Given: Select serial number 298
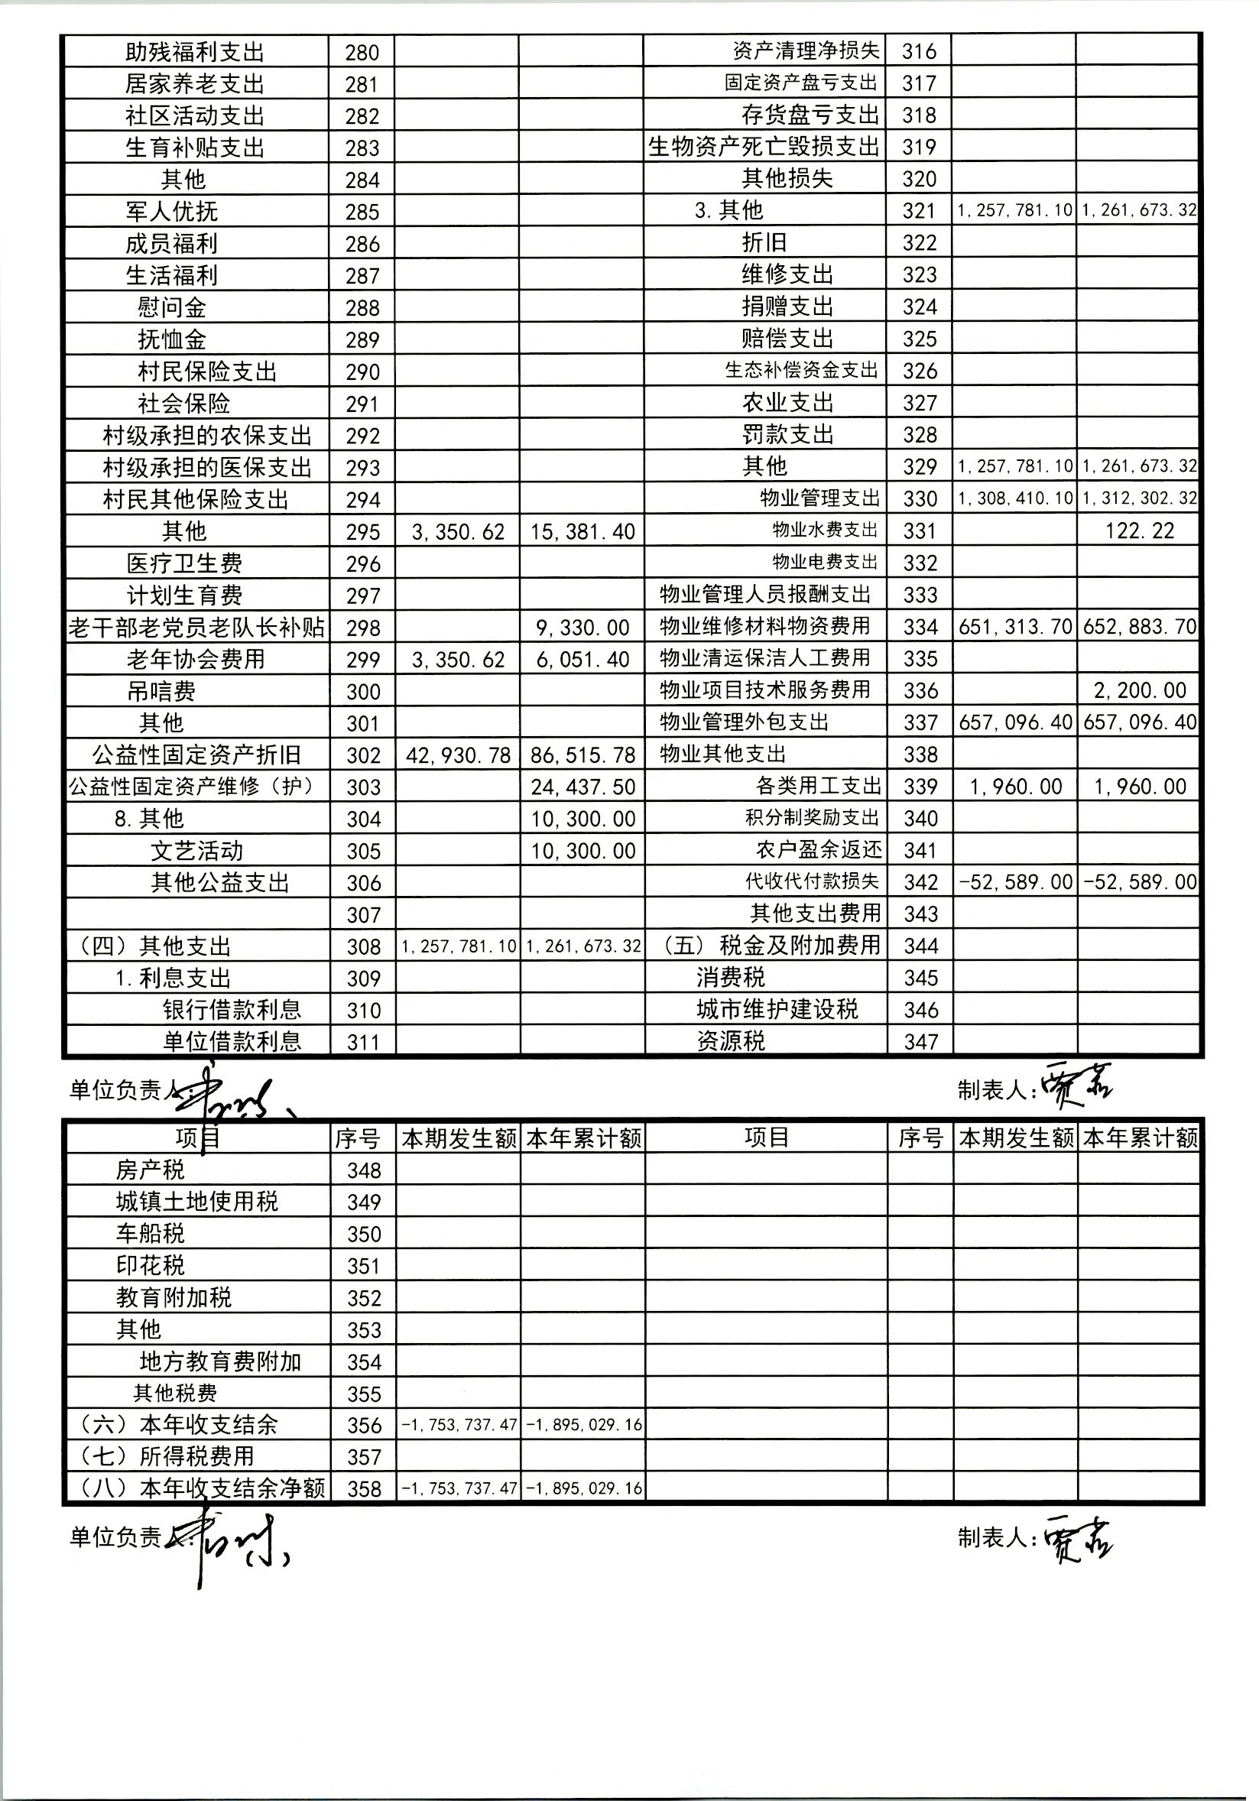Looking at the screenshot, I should point(362,628).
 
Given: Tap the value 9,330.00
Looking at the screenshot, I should point(582,628).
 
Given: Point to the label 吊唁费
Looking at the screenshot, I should point(161,691).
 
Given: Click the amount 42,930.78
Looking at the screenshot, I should point(458,754).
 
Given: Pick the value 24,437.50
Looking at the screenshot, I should point(582,787).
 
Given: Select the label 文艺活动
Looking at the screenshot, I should point(197,851).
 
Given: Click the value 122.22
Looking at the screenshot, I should point(1139,531).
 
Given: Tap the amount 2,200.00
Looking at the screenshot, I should point(1139,690).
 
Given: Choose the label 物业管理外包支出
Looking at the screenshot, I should point(744,722).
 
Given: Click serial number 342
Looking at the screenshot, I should point(920,881).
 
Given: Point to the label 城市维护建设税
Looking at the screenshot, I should point(777,1010).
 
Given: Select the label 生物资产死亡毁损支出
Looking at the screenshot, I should point(764,147).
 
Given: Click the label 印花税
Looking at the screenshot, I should point(150,1266).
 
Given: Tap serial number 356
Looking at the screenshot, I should point(363,1425).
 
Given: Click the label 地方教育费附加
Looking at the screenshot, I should point(219,1361).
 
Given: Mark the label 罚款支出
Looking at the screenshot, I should point(787,433).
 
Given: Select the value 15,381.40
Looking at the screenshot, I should point(582,532).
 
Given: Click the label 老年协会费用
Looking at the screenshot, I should point(196,659).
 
